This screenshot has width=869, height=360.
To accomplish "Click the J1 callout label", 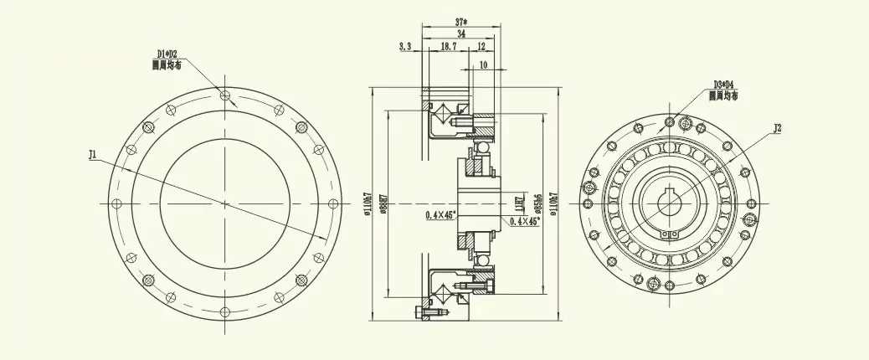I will click(x=93, y=155).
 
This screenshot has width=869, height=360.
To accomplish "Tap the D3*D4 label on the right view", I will click(x=723, y=85).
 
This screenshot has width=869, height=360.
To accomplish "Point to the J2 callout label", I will click(x=778, y=129).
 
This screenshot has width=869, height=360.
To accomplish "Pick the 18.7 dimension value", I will click(x=449, y=48).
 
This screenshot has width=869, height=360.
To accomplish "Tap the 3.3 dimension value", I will click(x=405, y=48).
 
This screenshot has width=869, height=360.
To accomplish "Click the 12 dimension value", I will click(x=481, y=48).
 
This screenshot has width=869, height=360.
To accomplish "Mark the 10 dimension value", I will click(x=483, y=64).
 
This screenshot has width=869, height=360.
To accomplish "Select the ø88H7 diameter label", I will click(x=381, y=203).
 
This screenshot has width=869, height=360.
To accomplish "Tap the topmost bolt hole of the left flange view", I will click(x=224, y=95).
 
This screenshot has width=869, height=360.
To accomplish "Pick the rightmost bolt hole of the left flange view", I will click(x=333, y=203).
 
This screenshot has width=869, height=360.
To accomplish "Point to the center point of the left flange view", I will click(x=224, y=203).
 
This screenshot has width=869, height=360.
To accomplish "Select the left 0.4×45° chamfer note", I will click(x=440, y=215).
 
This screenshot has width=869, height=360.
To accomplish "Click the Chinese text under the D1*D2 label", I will click(x=167, y=64).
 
